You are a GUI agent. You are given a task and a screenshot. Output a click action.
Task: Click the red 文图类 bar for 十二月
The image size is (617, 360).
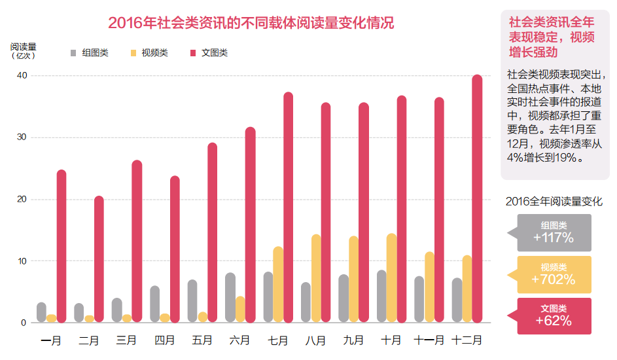(x=477, y=199)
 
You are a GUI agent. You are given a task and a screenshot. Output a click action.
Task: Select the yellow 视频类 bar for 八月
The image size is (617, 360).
(x=316, y=278)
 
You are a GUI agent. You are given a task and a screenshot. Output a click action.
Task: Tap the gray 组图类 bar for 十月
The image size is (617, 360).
(x=381, y=296)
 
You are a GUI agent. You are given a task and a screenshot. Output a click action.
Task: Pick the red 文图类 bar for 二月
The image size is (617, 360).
(x=99, y=259)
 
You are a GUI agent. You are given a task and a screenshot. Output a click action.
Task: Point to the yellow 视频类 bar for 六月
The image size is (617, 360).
(x=240, y=309)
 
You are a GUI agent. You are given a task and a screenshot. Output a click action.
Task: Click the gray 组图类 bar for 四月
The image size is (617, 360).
(x=154, y=304)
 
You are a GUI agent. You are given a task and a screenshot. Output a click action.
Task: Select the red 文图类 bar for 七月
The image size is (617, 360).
(x=288, y=207)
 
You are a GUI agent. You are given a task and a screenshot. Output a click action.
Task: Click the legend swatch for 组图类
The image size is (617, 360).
(x=74, y=52)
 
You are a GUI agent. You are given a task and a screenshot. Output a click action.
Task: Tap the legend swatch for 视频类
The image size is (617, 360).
(x=133, y=52)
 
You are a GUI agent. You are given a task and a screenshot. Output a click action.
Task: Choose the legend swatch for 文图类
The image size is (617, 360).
(x=194, y=52)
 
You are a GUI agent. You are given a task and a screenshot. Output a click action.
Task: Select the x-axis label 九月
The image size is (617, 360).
(x=353, y=340)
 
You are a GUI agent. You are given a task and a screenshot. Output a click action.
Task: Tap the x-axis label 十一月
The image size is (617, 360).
(x=429, y=340)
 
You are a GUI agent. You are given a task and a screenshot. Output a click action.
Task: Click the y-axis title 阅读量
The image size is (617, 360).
(x=23, y=46)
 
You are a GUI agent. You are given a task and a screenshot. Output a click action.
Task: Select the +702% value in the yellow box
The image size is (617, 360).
(x=553, y=279)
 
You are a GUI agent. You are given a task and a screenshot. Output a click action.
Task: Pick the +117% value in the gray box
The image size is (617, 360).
(x=553, y=238)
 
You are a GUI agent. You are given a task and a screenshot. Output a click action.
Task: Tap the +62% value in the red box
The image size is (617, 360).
(x=553, y=321)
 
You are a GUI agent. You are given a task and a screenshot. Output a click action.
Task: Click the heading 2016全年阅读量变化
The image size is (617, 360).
(x=554, y=202)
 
